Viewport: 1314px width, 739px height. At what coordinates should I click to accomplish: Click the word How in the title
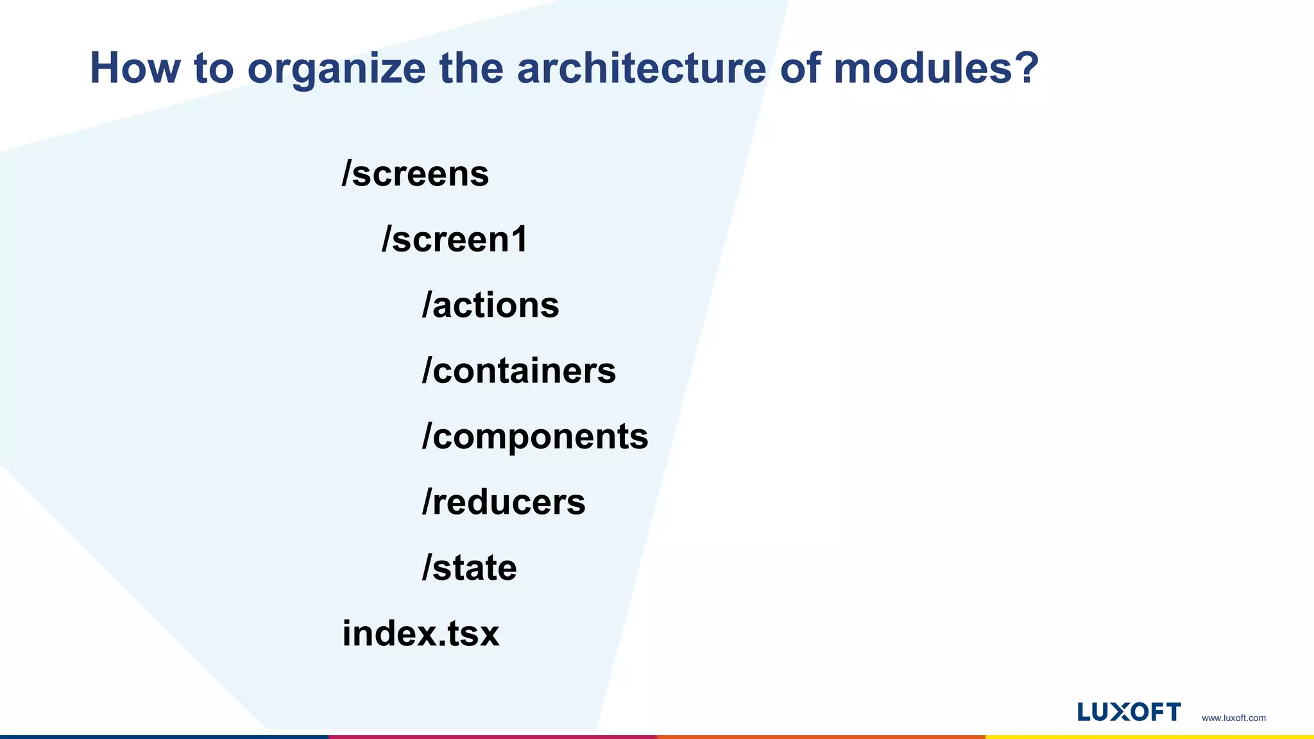point(135,68)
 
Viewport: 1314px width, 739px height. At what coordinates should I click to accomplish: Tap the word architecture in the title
point(641,68)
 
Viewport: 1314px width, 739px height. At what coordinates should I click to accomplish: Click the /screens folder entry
point(415,174)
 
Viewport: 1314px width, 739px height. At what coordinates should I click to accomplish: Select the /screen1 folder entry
point(454,239)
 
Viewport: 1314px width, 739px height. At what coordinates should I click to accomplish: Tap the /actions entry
point(490,305)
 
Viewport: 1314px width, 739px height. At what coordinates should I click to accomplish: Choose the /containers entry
point(518,371)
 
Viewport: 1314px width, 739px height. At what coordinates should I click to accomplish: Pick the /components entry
point(534,436)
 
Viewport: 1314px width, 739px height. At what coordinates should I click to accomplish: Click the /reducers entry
point(503,502)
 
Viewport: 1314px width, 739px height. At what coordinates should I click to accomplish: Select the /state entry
point(469,568)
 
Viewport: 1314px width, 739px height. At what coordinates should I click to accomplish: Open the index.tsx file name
point(420,633)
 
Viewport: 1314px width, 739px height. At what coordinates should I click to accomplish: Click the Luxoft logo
point(1129,712)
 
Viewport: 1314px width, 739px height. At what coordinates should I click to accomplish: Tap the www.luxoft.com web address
point(1233,718)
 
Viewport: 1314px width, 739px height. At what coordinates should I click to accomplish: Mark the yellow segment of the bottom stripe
point(1149,736)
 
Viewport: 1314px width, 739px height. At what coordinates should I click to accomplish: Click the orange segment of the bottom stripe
point(821,736)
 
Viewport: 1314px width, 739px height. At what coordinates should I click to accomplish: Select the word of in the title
point(799,68)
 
